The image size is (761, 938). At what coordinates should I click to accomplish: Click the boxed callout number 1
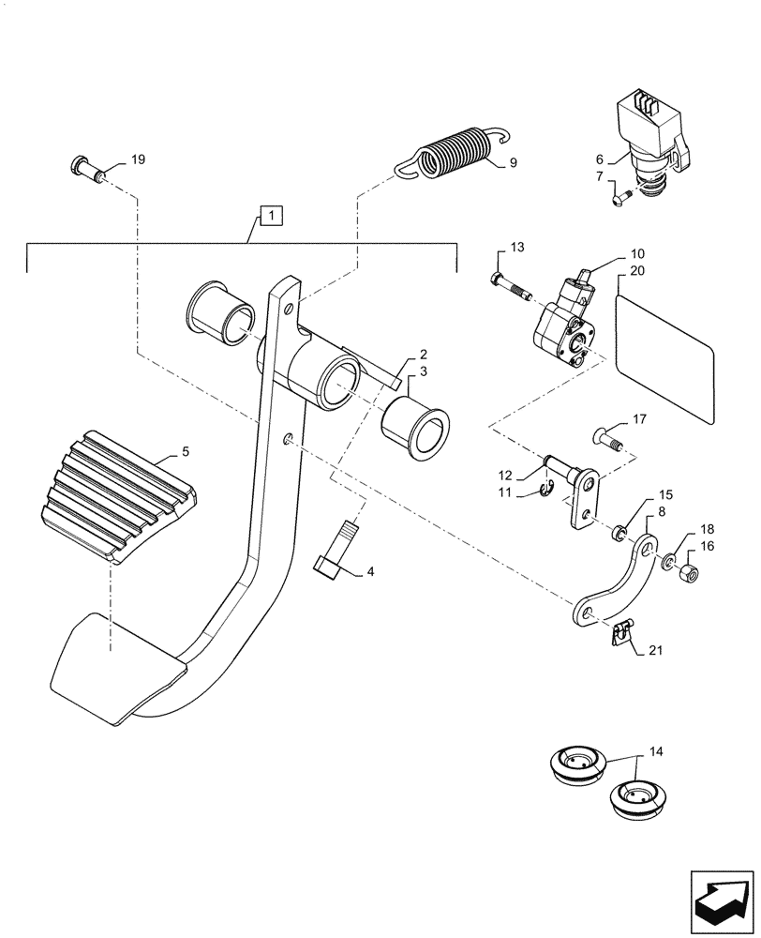click(269, 218)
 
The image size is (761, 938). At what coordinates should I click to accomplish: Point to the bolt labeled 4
click(336, 552)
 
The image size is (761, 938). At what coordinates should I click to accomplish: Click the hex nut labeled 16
click(685, 570)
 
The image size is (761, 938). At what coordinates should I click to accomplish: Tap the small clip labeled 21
click(619, 635)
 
